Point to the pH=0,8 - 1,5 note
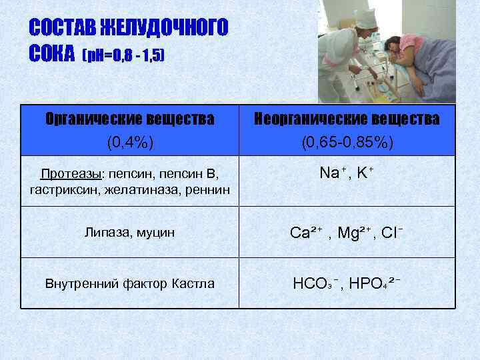tap(123, 55)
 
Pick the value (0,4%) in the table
tap(130, 142)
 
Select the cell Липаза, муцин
tap(130, 232)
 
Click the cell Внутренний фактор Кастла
tap(130, 283)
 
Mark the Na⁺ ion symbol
tap(329, 173)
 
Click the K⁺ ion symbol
tap(364, 173)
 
